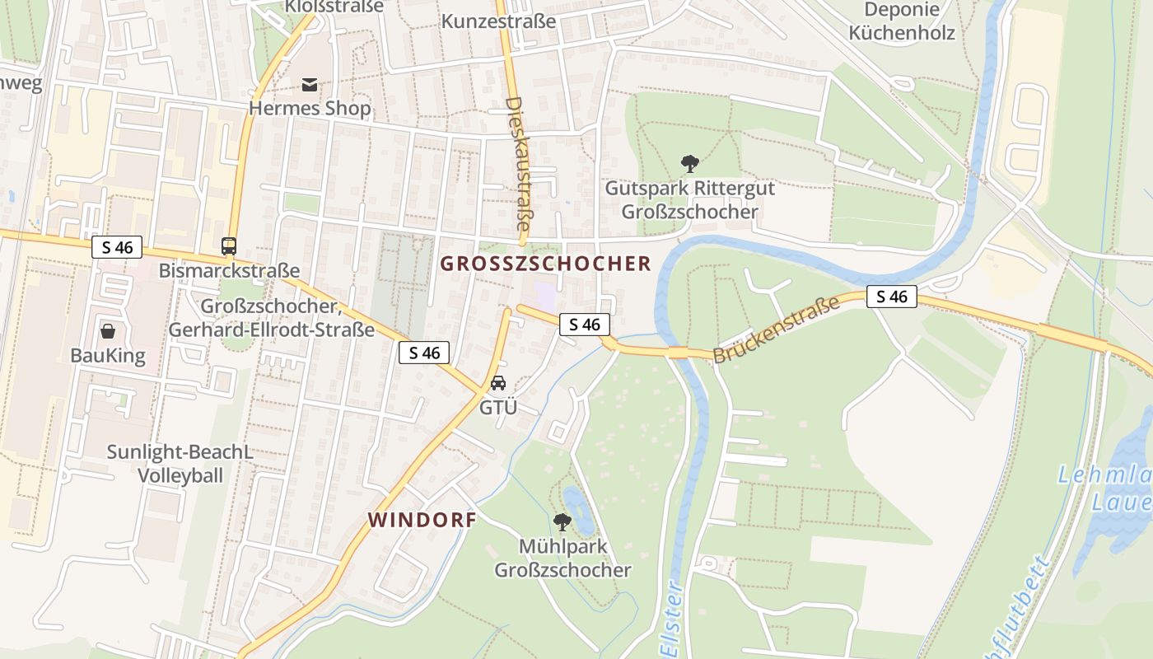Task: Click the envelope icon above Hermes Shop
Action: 310,85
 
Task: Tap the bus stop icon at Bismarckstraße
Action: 229,245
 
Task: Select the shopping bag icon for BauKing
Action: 108,331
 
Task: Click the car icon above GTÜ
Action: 497,383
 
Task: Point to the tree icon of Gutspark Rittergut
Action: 689,164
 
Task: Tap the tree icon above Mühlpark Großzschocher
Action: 562,521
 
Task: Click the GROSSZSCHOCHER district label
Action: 546,264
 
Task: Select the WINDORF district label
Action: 422,521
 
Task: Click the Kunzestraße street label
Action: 498,21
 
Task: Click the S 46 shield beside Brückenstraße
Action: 891,297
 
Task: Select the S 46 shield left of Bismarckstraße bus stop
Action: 117,247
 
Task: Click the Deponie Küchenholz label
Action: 902,22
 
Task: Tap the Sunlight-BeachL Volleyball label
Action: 180,464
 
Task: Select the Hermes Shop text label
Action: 310,109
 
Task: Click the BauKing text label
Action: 108,356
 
